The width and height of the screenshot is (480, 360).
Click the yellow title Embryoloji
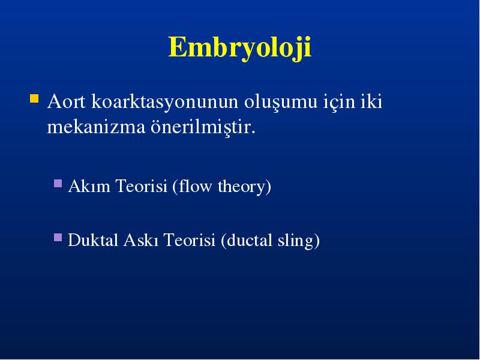point(239,48)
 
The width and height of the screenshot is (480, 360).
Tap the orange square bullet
point(34,98)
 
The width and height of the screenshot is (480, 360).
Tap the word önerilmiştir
point(203,127)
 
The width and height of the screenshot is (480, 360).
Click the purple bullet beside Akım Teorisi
point(58,183)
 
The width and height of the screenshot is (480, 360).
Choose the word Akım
point(89,186)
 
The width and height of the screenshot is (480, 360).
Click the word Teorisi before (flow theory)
point(142,186)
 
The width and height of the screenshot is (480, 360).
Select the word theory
point(244,187)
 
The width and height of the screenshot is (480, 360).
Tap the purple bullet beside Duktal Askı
point(58,237)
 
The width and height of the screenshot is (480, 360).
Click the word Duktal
point(93,239)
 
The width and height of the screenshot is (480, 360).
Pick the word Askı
point(141,239)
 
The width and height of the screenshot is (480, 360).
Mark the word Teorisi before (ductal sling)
point(190,239)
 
